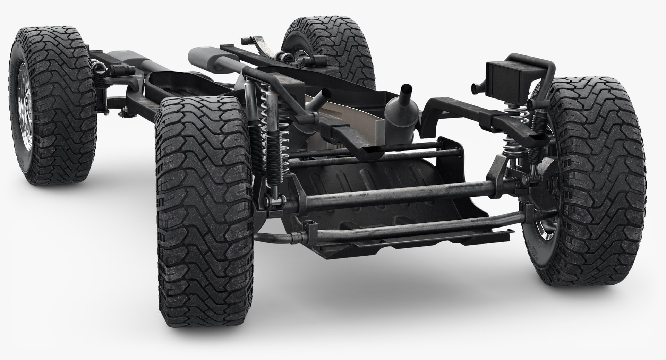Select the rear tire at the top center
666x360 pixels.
[330, 42]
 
